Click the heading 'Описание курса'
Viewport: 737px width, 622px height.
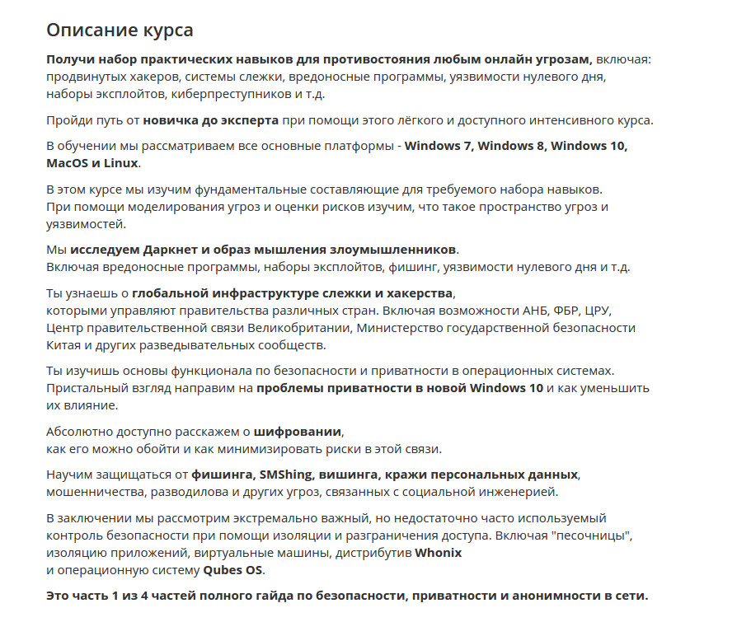point(120,30)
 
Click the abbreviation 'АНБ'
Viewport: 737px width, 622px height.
point(537,311)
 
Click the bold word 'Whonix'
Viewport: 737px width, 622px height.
point(438,553)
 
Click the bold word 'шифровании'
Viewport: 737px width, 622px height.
point(297,431)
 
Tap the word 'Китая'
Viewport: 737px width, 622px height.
point(65,344)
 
